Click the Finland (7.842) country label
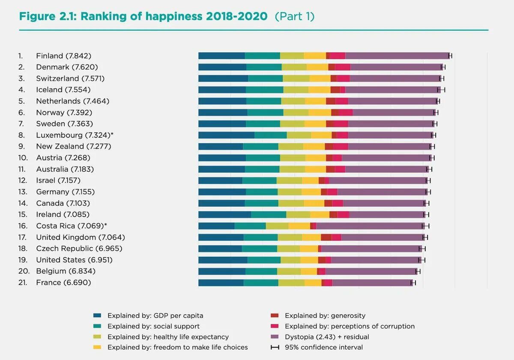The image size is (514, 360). tap(63, 56)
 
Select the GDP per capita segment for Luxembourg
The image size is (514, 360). tap(226, 135)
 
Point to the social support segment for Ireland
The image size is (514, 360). tap(269, 214)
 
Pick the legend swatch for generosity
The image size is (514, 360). tap(275, 315)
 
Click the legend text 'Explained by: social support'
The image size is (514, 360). tap(153, 326)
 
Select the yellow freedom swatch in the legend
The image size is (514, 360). tap(97, 347)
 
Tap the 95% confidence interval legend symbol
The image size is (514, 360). tap(275, 347)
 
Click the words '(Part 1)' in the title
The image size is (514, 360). tap(295, 17)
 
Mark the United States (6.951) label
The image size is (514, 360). tap(74, 260)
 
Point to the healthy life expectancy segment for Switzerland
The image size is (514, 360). tap(296, 78)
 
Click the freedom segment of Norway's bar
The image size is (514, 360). tap(320, 112)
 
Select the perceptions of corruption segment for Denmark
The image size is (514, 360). tap(342, 67)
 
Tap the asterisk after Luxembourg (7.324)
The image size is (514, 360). tap(112, 135)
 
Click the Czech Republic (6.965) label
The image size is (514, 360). tap(79, 249)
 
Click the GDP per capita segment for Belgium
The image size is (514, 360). tap(221, 271)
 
